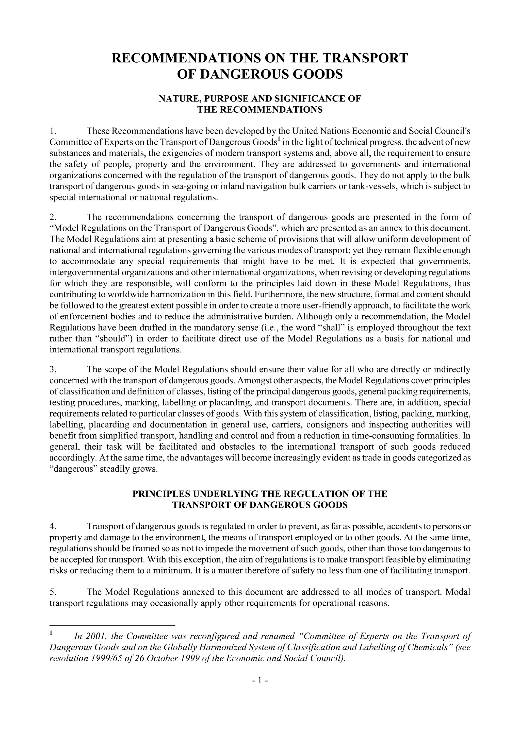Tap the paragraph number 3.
[x=53, y=369]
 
